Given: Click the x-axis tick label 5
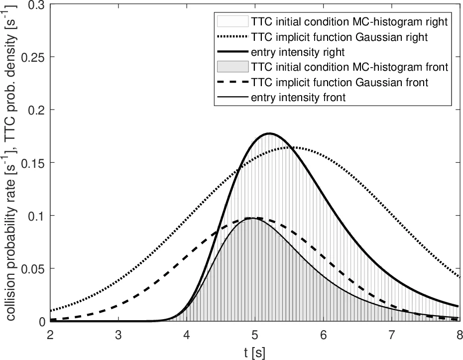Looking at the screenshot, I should (255, 334).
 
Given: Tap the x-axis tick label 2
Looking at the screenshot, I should (50, 334).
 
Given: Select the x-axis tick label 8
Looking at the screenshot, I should (459, 334).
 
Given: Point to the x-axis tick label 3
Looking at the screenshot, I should (118, 334).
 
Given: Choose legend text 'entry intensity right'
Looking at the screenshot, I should (292, 51).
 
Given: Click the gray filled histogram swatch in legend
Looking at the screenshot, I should (232, 67).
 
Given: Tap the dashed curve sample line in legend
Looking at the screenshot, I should (232, 82).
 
